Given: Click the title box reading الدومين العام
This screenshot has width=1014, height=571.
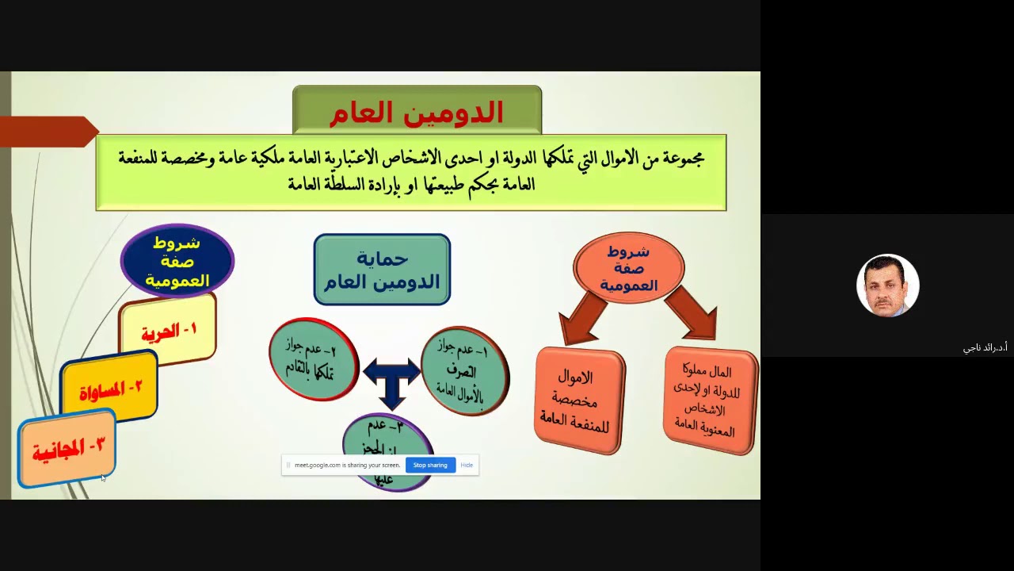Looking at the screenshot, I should click(x=417, y=111).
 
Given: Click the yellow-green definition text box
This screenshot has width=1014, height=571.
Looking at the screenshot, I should click(x=410, y=172).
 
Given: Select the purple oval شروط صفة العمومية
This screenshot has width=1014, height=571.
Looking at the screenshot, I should click(x=177, y=261).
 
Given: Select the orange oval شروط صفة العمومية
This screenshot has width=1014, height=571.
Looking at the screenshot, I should click(x=628, y=267).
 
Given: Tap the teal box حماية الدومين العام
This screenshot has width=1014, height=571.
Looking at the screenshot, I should click(x=382, y=270).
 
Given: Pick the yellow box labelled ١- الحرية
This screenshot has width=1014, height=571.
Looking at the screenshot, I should click(x=168, y=331).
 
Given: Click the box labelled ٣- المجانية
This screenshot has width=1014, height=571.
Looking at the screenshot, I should click(x=67, y=448).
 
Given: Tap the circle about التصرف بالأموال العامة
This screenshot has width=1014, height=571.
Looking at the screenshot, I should click(x=464, y=370).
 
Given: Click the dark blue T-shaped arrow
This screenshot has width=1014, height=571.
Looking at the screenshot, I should click(x=391, y=380).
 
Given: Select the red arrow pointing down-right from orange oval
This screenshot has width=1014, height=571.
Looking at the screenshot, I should click(x=692, y=312).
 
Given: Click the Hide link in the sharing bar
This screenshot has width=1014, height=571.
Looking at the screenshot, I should click(x=467, y=466).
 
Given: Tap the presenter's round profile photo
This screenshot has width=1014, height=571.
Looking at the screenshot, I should click(x=887, y=285).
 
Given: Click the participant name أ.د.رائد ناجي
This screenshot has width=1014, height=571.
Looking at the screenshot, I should click(x=985, y=347).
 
